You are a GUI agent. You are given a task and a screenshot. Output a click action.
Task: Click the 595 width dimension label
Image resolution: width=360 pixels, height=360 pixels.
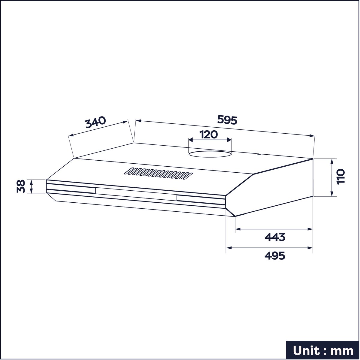point(227,120)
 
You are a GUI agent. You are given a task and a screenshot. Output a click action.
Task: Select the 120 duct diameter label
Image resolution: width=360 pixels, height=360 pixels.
point(209,135)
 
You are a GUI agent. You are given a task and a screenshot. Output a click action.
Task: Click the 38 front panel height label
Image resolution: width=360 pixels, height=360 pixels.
point(21,186)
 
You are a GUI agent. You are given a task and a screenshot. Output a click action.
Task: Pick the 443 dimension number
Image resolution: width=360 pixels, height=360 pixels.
point(275,237)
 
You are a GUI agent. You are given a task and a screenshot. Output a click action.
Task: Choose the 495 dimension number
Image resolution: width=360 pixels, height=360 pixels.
point(275,256)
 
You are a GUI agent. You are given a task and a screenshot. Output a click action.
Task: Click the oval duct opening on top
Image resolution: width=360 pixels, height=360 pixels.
point(210,154)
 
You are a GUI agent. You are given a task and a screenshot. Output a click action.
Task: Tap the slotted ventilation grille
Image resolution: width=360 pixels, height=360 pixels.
point(158,173)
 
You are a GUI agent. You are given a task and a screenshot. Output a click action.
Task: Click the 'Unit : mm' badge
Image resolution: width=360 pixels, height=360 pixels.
point(323,350)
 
